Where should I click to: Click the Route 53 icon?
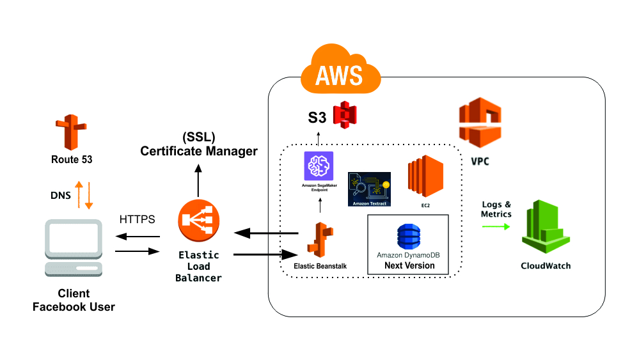tap(71, 132)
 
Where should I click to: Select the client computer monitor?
tap(74, 239)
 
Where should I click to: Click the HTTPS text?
tap(137, 220)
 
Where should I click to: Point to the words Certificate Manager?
tap(198, 152)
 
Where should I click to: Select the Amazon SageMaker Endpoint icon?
tap(319, 167)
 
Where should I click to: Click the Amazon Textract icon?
tap(368, 188)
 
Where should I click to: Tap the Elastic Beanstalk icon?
tap(318, 240)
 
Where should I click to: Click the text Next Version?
tap(409, 265)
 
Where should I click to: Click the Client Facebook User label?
tap(74, 301)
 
